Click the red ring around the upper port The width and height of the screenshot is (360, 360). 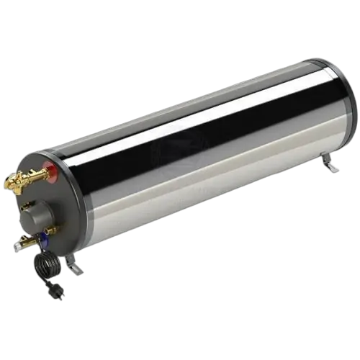(x=49, y=171)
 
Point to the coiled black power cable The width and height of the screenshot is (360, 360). (x=44, y=267)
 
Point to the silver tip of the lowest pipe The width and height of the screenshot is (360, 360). (x=14, y=248)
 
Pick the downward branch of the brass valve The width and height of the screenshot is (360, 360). (x=24, y=189)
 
